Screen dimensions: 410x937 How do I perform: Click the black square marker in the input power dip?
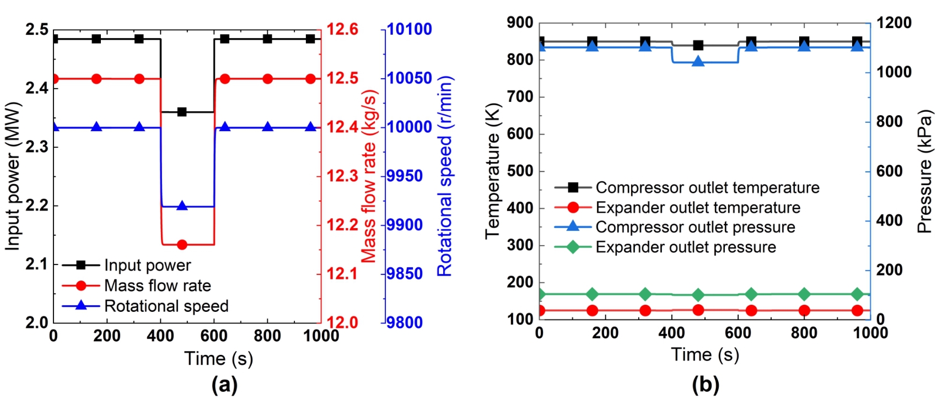click(x=182, y=112)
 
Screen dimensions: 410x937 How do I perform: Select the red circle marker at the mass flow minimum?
click(x=182, y=244)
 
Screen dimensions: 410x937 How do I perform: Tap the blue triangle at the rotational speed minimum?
click(x=182, y=206)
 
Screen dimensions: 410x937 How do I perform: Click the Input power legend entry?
click(x=147, y=265)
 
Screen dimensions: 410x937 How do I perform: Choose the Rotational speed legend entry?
click(x=166, y=306)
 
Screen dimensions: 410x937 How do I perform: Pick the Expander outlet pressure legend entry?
click(x=685, y=247)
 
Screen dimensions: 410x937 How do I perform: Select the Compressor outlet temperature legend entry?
click(x=707, y=187)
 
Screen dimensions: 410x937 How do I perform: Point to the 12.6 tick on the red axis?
click(x=342, y=29)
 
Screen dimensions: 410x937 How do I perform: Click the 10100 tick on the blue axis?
click(x=409, y=29)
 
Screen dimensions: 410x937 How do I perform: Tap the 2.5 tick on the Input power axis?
click(x=37, y=29)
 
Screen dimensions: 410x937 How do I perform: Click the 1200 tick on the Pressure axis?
click(x=894, y=23)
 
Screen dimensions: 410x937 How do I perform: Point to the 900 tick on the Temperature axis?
click(x=520, y=23)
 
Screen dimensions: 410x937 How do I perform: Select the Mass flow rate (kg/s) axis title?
click(x=369, y=176)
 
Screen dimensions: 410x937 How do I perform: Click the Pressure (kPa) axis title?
click(x=925, y=171)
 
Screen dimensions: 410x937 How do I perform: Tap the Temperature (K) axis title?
click(x=492, y=171)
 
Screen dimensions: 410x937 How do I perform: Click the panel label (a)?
click(x=224, y=385)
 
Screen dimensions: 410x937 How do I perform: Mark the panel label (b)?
click(x=705, y=385)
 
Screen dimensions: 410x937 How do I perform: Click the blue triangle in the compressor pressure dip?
click(x=698, y=61)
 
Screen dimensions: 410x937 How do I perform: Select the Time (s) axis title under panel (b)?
click(x=705, y=354)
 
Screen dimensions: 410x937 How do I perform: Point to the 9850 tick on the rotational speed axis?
click(x=405, y=274)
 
